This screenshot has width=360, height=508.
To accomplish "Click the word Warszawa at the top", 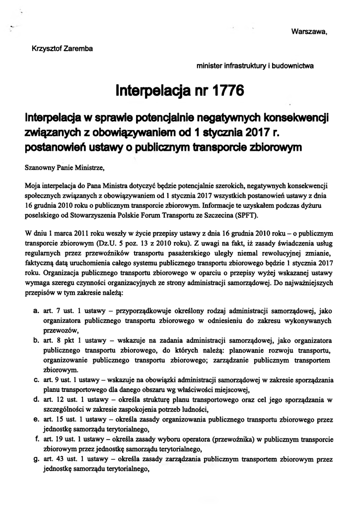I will (x=308, y=32).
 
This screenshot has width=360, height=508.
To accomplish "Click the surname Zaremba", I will (x=79, y=48).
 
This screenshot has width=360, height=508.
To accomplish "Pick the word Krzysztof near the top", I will (x=46, y=48).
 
